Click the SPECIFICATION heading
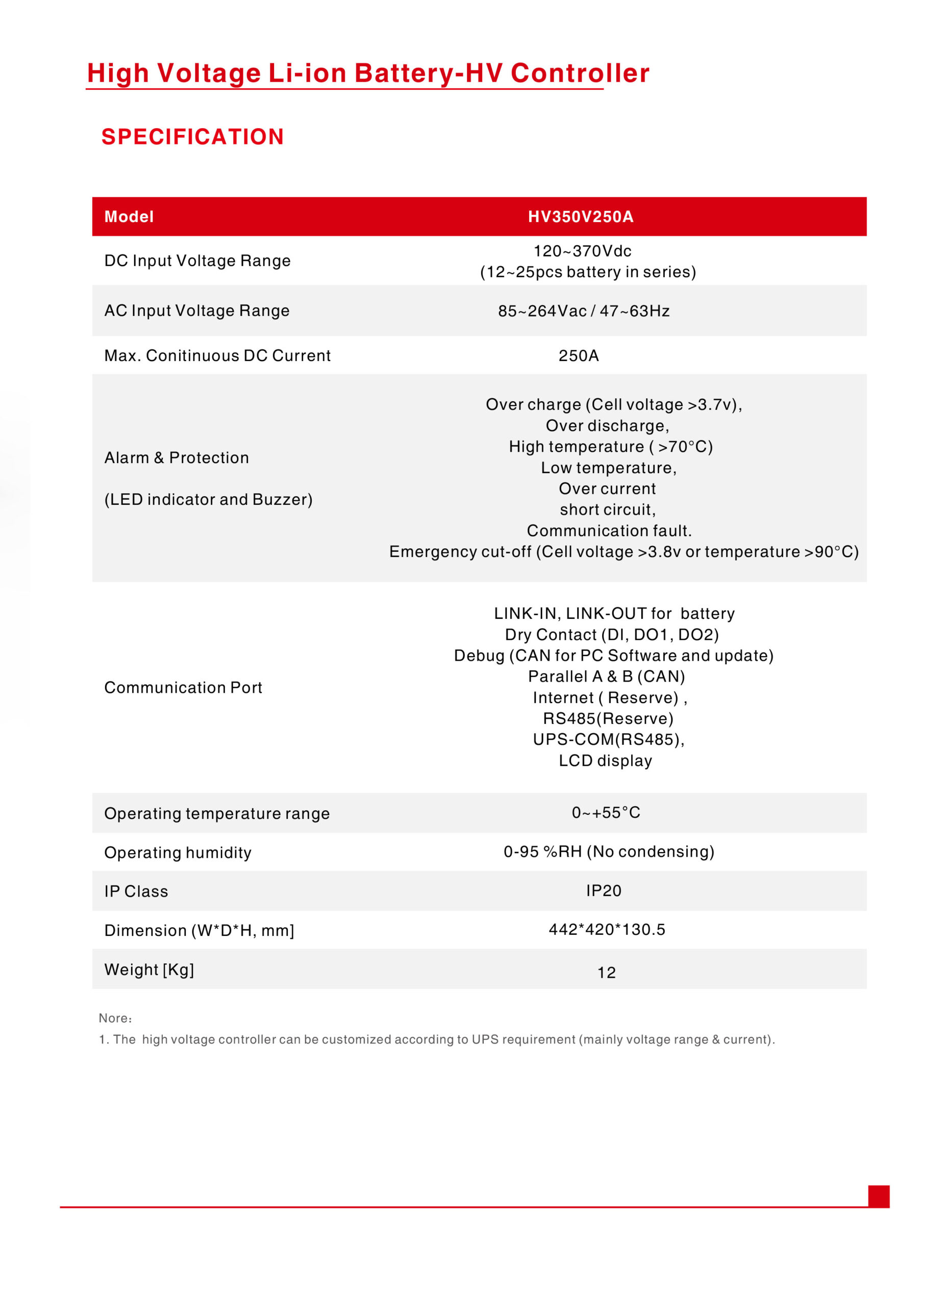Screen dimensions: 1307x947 (x=192, y=137)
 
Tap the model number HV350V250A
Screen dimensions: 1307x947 (x=581, y=216)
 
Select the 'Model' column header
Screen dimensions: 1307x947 (x=129, y=216)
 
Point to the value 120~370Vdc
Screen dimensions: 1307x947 (x=582, y=251)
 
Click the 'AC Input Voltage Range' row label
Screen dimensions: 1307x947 (x=197, y=310)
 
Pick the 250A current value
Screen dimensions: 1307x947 (x=578, y=355)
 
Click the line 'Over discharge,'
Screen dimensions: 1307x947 (x=607, y=426)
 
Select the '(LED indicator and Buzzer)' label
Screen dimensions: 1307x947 (x=209, y=499)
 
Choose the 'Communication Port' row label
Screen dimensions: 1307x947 (x=183, y=688)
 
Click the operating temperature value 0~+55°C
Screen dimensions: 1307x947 (x=606, y=813)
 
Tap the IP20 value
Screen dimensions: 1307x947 (x=604, y=890)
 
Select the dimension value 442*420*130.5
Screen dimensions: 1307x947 (x=607, y=930)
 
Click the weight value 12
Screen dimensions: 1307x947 (x=607, y=973)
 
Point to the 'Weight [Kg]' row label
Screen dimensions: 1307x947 (x=149, y=970)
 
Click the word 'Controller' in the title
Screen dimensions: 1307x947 (x=580, y=73)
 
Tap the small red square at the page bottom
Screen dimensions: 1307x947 (x=879, y=1196)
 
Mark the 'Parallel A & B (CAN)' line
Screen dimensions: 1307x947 (x=607, y=676)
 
